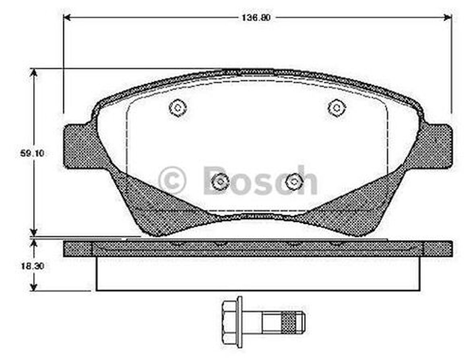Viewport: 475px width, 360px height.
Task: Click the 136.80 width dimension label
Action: tap(256, 18)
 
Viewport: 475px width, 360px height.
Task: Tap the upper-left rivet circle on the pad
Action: tap(178, 108)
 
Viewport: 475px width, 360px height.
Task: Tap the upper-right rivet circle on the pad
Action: tap(337, 108)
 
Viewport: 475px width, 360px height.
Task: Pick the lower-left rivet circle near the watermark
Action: tap(220, 182)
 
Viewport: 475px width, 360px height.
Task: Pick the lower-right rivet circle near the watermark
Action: tap(294, 182)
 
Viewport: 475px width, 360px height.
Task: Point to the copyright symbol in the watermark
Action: tap(172, 181)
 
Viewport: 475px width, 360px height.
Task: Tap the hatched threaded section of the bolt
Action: tap(288, 322)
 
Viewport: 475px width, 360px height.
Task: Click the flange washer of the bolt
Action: tap(240, 322)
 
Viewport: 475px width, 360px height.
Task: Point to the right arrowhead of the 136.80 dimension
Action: tap(448, 17)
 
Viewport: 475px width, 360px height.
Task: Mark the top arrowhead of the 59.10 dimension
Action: tap(34, 72)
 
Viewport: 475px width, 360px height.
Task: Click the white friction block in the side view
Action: tap(258, 273)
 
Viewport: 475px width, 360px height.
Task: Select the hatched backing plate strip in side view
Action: tap(258, 249)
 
